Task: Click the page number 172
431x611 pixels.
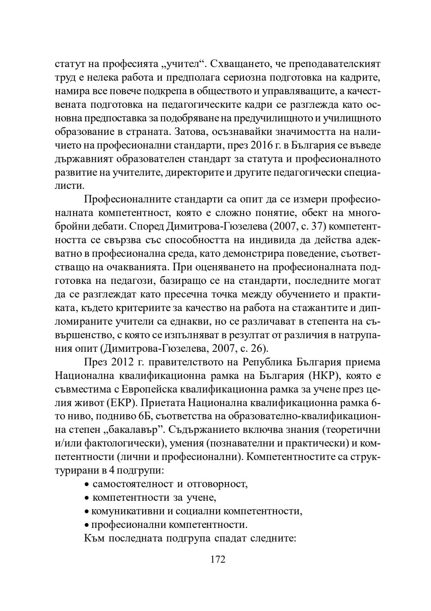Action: click(218, 559)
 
